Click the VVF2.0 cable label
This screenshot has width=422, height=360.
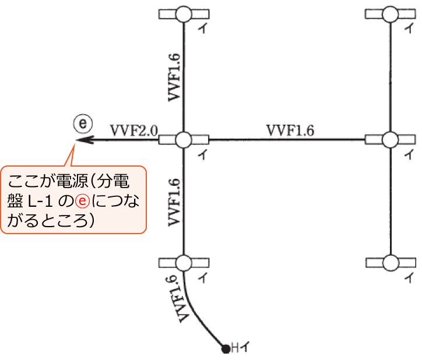coord(134,129)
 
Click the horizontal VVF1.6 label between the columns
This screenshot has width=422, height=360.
coord(290,130)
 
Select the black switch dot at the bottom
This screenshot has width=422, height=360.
coord(225,350)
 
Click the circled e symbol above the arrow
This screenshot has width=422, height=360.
coord(83,123)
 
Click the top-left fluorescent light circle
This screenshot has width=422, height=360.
coord(184,13)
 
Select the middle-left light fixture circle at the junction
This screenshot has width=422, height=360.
coord(184,140)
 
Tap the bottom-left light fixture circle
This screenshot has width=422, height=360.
coord(184,262)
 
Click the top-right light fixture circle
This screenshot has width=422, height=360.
coord(389,13)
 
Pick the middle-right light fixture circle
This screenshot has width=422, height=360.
coord(389,140)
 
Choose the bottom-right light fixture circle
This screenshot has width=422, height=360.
coord(389,262)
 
